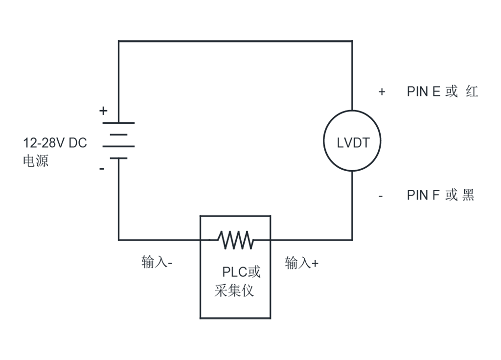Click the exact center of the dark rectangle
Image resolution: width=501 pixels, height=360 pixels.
(250, 180)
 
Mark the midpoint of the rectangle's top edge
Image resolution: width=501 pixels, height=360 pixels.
(250, 41)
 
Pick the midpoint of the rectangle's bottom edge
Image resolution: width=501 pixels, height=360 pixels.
(250, 318)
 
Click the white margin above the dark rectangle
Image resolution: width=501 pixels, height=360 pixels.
(250, 20)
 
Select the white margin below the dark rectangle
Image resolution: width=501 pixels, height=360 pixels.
(250, 339)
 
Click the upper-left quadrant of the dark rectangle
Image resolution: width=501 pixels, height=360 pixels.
(137, 110)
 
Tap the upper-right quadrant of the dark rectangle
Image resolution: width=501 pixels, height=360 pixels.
(364, 110)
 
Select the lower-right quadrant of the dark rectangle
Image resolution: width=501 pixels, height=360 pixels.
(364, 249)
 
